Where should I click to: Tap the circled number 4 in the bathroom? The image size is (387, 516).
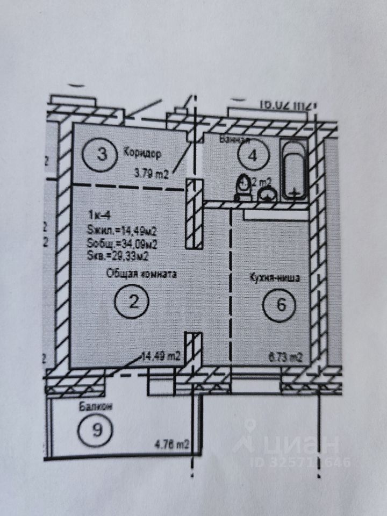(x=253, y=156)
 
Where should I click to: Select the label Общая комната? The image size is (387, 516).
(x=141, y=274)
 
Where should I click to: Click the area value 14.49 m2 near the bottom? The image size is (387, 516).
(x=160, y=355)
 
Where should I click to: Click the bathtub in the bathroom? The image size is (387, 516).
(x=294, y=170)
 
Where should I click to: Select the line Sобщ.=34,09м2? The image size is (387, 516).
(x=122, y=245)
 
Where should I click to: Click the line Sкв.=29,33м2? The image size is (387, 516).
(x=119, y=256)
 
